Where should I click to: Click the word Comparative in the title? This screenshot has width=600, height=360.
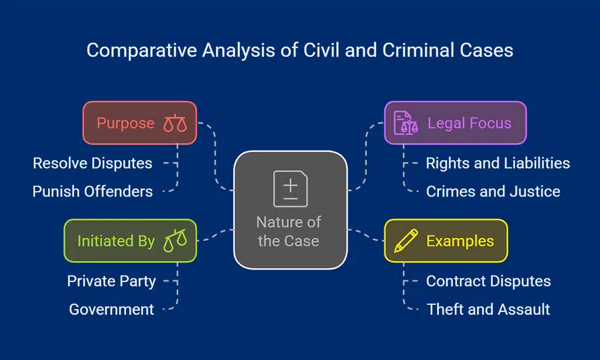click(142, 51)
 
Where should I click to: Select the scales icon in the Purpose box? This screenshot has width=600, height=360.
click(175, 123)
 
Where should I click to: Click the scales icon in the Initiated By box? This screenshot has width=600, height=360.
click(175, 240)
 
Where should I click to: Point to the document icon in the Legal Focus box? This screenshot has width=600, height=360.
click(405, 123)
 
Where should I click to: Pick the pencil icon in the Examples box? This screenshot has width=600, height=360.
click(405, 240)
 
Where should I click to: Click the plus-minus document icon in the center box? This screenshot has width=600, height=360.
click(291, 188)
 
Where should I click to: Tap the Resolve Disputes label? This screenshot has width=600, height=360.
click(93, 164)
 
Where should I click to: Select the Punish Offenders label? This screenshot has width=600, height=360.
click(93, 192)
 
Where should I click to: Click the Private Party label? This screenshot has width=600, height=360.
click(111, 281)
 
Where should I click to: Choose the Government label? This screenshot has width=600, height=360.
click(111, 310)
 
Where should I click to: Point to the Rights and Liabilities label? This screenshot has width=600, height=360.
click(498, 164)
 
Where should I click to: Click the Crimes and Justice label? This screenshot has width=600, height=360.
click(493, 192)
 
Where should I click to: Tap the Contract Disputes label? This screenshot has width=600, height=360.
click(488, 281)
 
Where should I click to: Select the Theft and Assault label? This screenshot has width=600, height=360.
click(488, 310)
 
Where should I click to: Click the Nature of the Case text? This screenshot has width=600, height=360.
click(289, 232)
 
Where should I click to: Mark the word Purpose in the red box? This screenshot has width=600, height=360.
click(125, 124)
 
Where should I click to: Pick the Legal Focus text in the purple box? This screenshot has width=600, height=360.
click(469, 123)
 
